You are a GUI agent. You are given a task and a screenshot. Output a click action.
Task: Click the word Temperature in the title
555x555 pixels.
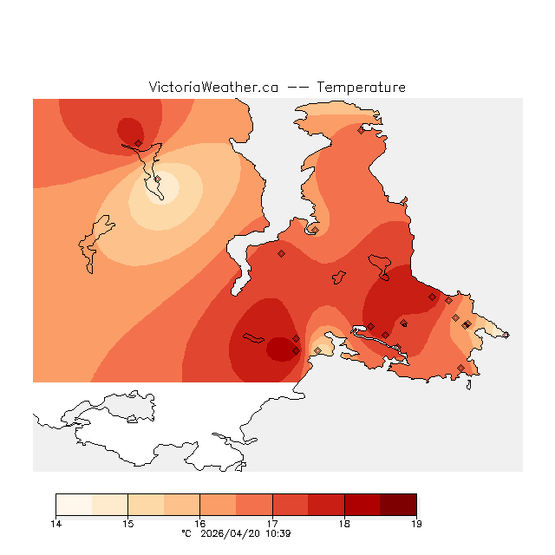[361, 88]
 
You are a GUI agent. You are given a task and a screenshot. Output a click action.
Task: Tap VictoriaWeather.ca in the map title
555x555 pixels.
[213, 88]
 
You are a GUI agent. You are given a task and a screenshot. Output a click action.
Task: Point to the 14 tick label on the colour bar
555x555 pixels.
[55, 523]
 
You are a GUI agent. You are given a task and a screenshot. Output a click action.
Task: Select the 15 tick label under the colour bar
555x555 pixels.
[127, 523]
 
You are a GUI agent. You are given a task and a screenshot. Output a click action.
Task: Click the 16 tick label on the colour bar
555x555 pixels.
[199, 523]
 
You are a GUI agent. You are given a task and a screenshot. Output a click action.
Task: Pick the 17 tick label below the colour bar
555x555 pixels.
[272, 523]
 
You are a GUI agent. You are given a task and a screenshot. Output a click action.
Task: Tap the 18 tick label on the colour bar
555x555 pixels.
[344, 523]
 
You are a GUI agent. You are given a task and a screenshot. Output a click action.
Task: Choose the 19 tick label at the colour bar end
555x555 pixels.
[416, 523]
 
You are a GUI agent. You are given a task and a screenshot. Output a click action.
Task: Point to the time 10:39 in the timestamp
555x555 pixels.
[277, 533]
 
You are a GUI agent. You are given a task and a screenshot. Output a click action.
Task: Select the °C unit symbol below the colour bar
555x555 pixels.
[186, 533]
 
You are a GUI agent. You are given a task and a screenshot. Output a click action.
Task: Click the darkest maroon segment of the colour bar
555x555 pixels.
[398, 505]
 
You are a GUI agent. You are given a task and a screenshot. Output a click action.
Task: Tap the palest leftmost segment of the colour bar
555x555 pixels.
[74, 505]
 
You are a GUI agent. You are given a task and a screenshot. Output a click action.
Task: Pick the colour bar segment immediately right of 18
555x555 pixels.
[362, 505]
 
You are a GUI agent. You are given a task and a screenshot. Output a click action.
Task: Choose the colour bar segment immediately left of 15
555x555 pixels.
[109, 505]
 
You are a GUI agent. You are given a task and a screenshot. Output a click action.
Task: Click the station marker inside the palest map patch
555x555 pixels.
[158, 180]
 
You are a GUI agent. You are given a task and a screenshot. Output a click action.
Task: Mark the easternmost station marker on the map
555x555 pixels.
[506, 335]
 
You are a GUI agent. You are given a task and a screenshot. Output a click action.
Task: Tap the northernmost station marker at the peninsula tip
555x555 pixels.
[361, 131]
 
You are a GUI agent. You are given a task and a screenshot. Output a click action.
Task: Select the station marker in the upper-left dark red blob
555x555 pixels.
[139, 143]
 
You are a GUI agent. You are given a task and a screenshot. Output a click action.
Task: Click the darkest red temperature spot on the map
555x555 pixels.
[281, 349]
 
